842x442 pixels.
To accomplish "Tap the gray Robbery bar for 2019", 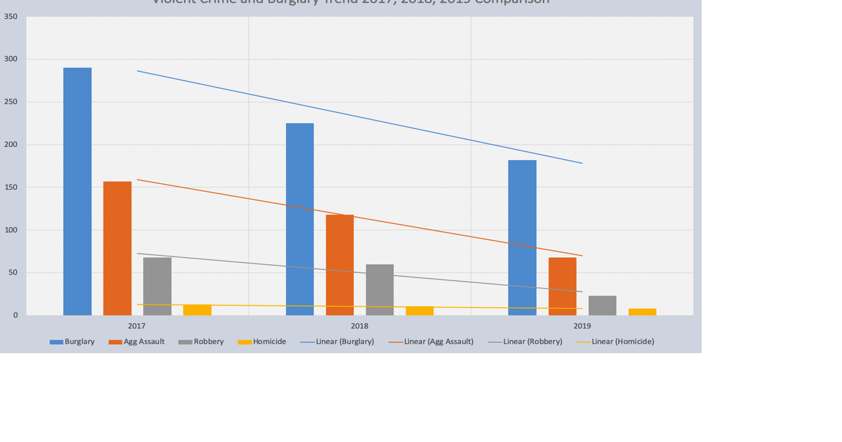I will [602, 305].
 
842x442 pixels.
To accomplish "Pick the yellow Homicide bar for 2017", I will [197, 310].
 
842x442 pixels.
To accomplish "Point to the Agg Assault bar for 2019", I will [562, 286].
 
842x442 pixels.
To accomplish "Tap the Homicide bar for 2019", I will [642, 312].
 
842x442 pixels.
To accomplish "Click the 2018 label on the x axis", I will [360, 326].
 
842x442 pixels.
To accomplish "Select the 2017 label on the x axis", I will [137, 326].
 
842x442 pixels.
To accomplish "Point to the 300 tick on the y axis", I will [11, 59].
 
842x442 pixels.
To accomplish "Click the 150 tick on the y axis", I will [11, 187].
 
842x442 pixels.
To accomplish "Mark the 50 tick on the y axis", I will [13, 272].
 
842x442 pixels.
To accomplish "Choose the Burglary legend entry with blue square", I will [73, 341].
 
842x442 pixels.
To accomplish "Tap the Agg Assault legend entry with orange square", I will [137, 341].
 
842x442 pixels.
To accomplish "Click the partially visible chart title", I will [351, 2].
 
